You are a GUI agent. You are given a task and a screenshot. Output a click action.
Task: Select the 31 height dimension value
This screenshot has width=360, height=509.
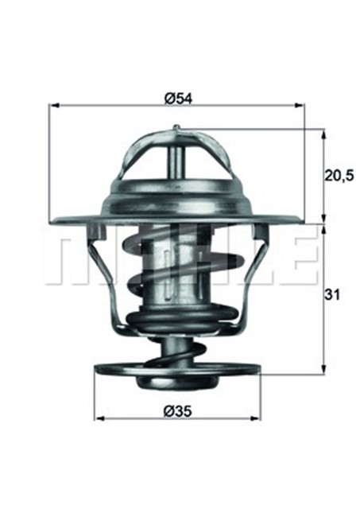(334, 295)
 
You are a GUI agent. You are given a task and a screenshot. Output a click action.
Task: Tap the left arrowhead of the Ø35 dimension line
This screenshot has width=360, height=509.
(98, 417)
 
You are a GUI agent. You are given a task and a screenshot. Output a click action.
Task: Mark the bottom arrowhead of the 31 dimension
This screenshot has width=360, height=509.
(324, 370)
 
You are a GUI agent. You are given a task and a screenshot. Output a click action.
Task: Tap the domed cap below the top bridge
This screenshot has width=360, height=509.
(176, 199)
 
